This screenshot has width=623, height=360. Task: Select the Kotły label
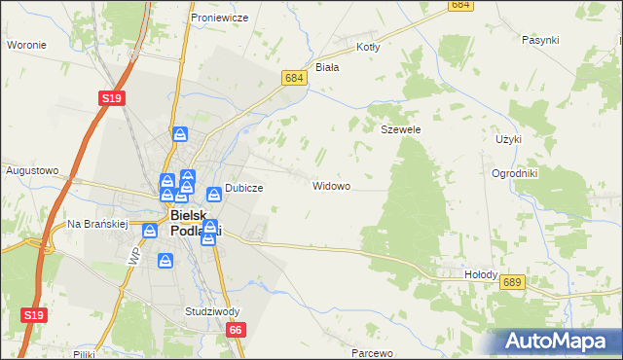(x=368, y=46)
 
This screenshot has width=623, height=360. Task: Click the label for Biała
(x=327, y=67)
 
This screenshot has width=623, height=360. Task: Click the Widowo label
(x=331, y=185)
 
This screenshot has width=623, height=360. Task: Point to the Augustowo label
(x=32, y=170)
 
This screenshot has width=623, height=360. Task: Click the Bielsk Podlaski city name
(x=195, y=223)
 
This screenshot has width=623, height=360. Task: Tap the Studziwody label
(x=211, y=312)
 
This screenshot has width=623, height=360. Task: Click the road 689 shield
(x=514, y=281)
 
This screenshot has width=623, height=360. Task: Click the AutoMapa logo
(x=555, y=342)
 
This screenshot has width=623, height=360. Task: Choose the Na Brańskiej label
(x=97, y=224)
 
